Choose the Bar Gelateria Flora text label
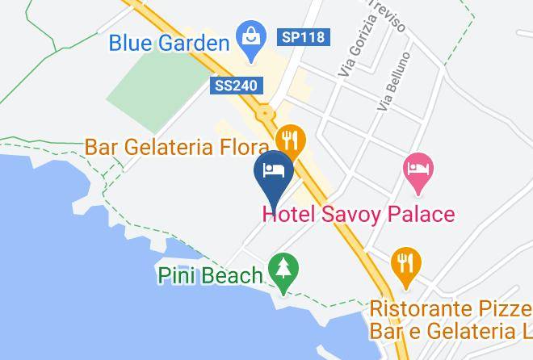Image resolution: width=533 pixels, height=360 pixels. point(177,148)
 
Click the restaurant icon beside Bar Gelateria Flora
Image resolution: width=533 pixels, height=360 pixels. point(289,140)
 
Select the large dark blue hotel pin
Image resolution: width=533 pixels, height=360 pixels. point(274,173)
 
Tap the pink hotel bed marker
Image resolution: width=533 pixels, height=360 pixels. point(418,170)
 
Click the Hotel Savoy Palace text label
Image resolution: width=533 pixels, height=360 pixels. point(359,215)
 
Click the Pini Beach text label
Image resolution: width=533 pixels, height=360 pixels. point(209,276)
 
